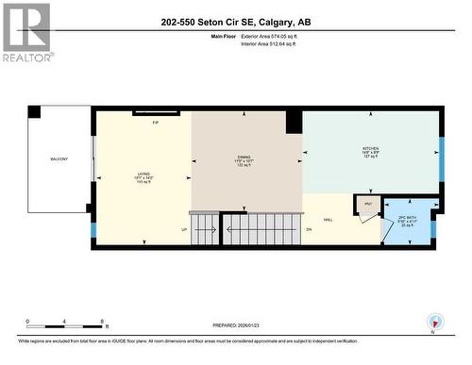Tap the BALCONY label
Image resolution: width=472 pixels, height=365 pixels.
pyautogui.click(x=59, y=159)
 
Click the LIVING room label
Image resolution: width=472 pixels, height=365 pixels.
pyautogui.click(x=143, y=174)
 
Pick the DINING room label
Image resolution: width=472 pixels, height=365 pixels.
pyautogui.click(x=244, y=159)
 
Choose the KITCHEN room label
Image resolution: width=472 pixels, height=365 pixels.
pyautogui.click(x=371, y=149)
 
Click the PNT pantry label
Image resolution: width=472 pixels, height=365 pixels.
pyautogui.click(x=367, y=205)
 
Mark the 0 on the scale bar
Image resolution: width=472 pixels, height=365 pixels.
pyautogui.click(x=28, y=322)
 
